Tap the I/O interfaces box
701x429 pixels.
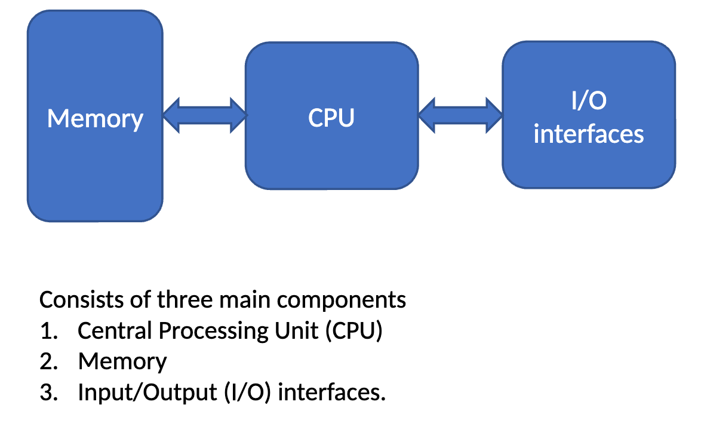(589, 167)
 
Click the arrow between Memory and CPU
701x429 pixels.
(204, 115)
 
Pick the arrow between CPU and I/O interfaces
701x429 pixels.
(460, 115)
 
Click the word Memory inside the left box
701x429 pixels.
(95, 118)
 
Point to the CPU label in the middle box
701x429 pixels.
(331, 118)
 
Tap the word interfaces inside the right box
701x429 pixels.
(589, 133)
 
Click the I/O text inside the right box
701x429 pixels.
(589, 101)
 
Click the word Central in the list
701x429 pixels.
(112, 330)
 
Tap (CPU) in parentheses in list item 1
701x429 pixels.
(353, 331)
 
